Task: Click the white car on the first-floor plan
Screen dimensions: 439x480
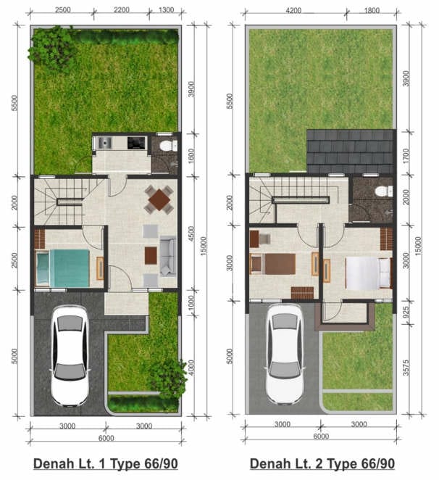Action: point(70,356)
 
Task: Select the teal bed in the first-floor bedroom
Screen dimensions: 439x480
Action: point(63,268)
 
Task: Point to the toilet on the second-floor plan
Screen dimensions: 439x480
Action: point(384,191)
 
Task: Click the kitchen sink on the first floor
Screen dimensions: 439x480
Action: point(104,143)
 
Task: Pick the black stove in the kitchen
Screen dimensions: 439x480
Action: point(136,143)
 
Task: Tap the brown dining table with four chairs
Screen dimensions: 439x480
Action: point(159,199)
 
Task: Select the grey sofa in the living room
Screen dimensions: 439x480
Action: point(167,257)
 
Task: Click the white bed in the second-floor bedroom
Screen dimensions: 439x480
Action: point(369,273)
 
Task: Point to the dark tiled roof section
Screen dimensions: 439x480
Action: point(351,152)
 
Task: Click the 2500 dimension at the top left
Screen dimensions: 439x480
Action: point(63,10)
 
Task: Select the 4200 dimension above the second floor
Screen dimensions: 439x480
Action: point(293,11)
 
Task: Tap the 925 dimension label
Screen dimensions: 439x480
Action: point(406,313)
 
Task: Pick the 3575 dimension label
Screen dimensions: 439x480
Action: point(406,368)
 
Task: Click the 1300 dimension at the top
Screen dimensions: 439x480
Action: point(166,10)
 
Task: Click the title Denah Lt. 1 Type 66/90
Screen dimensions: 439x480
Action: point(106,464)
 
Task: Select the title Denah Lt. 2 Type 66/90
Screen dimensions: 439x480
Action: point(322,464)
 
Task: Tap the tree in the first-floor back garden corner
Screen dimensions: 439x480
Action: point(52,49)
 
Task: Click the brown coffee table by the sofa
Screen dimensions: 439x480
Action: point(151,255)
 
